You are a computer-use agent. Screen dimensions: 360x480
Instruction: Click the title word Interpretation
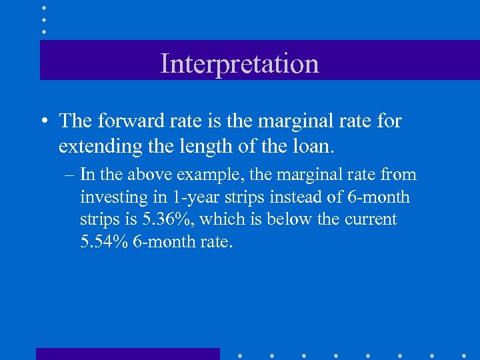pos(240,63)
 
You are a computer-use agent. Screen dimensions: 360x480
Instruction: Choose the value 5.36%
pos(169,219)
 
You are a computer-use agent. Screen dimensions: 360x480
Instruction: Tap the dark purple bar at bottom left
pos(127,353)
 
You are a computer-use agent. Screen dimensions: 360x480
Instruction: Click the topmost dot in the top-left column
pos(43,7)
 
